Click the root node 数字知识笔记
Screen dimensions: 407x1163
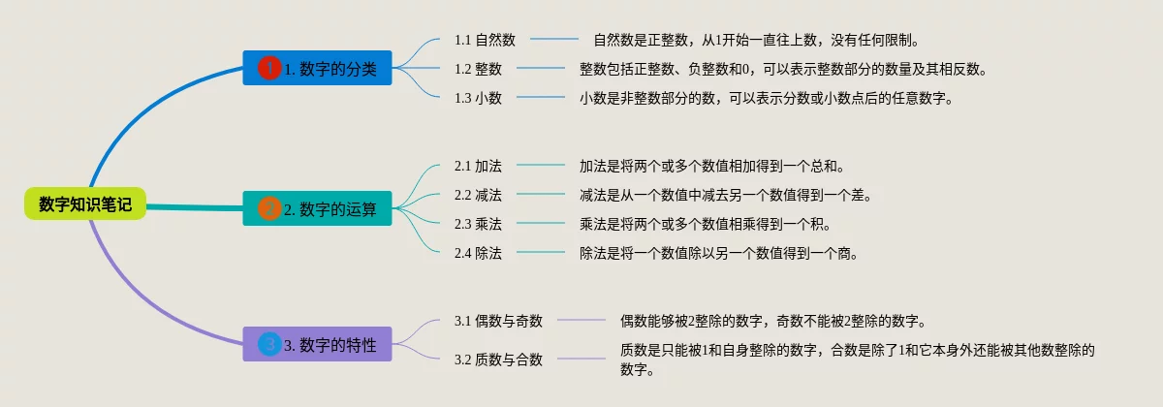[85, 204]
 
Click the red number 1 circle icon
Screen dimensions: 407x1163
[269, 68]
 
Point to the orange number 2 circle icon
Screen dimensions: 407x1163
[269, 208]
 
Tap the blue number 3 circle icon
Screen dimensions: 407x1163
[269, 344]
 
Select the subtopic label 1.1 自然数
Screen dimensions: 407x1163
[485, 40]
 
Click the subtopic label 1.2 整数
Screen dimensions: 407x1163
[478, 69]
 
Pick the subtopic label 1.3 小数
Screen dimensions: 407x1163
[478, 98]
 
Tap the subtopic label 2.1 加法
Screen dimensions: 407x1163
[478, 166]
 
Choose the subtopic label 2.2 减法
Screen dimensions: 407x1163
[478, 195]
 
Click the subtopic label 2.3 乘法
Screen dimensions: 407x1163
[478, 224]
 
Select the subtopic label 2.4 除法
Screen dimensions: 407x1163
[478, 253]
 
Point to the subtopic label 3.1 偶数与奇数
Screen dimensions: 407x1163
[498, 321]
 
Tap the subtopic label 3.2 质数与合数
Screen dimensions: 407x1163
[498, 360]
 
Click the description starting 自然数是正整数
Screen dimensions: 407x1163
[755, 40]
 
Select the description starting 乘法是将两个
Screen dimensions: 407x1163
[705, 224]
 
